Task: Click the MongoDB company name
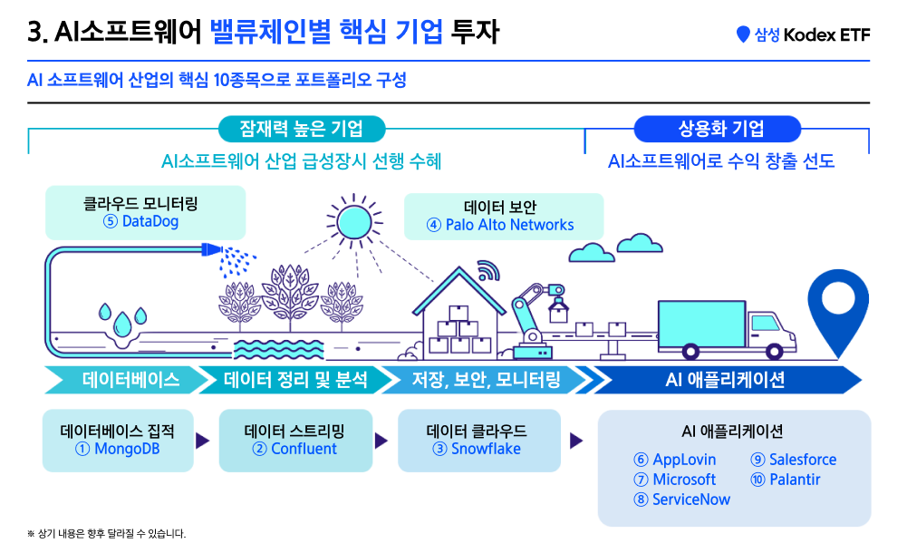tap(127, 449)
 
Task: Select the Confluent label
tap(304, 449)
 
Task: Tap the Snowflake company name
tap(486, 449)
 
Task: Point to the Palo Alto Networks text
tap(509, 225)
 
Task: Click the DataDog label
tap(150, 221)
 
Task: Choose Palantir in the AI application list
tap(795, 480)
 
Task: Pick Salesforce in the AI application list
tap(803, 460)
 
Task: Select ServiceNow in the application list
tap(691, 500)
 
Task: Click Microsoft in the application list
tap(684, 480)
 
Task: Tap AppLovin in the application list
tap(684, 460)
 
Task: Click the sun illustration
tap(354, 221)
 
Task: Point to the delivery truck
tap(727, 328)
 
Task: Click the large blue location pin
tap(838, 313)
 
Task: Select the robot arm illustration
tap(536, 320)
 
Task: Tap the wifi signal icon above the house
tap(487, 270)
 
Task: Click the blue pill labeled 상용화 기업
tap(718, 129)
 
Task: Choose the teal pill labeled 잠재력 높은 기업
tap(302, 129)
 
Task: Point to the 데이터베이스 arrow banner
tap(126, 380)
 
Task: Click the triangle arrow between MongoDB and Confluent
tap(202, 441)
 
